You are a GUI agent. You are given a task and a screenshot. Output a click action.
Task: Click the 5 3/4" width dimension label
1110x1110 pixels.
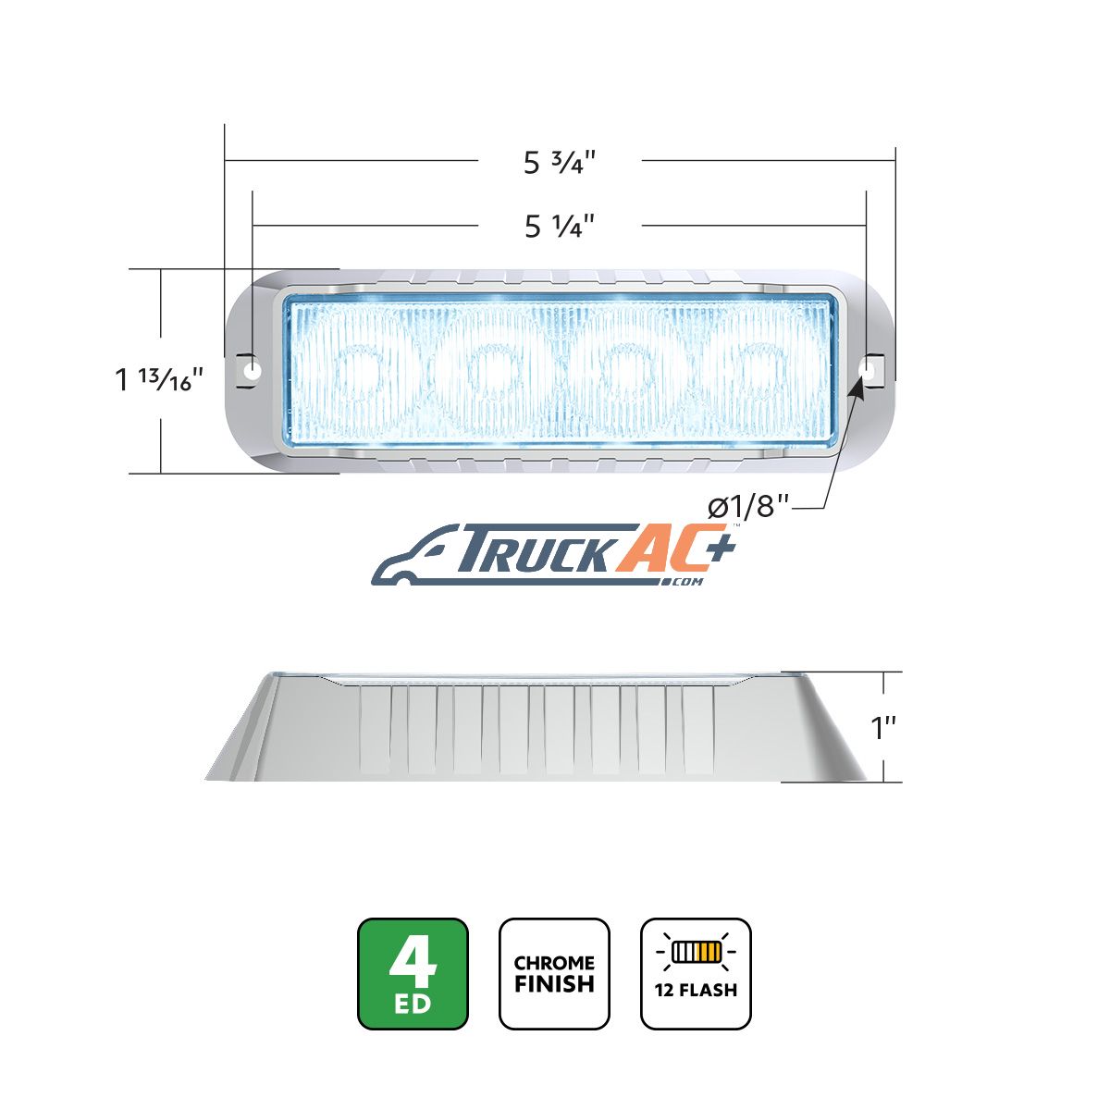[x=559, y=162]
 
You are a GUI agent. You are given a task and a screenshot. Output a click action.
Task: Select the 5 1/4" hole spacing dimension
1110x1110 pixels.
[x=559, y=226]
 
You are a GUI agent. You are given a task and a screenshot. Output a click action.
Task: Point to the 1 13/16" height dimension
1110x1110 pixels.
[x=159, y=378]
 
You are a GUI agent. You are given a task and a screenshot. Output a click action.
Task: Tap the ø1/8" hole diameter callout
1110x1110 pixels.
[x=747, y=508]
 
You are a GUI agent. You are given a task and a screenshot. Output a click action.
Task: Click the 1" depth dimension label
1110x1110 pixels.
[x=883, y=728]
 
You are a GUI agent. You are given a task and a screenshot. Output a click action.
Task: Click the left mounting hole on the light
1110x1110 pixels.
[x=252, y=369]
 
